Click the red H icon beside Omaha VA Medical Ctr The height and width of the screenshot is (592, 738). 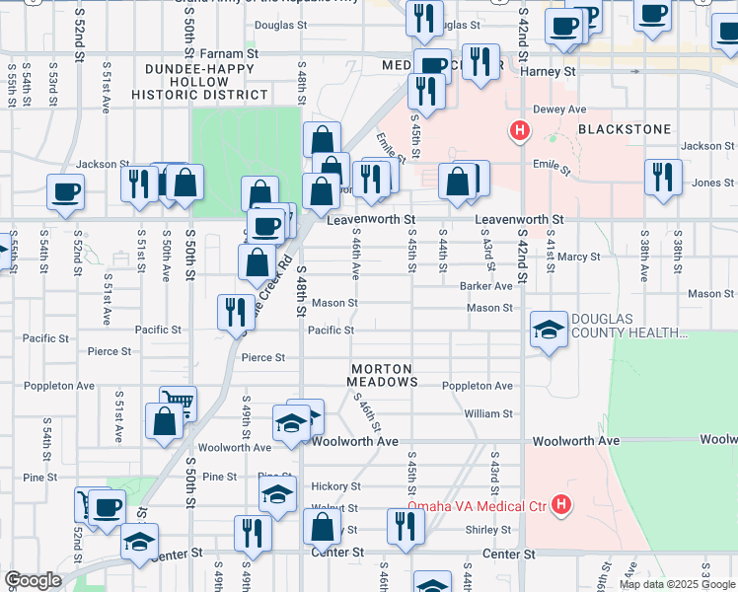tap(561, 505)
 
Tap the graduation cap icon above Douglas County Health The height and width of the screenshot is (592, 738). tap(548, 329)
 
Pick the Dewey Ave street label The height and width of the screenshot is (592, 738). tap(559, 110)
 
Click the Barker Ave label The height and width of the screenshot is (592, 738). tap(485, 286)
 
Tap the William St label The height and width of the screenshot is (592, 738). tap(488, 414)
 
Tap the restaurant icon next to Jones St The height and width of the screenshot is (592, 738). tap(661, 176)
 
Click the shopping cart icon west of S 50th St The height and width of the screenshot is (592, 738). tap(179, 401)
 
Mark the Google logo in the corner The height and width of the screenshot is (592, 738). tap(33, 580)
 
